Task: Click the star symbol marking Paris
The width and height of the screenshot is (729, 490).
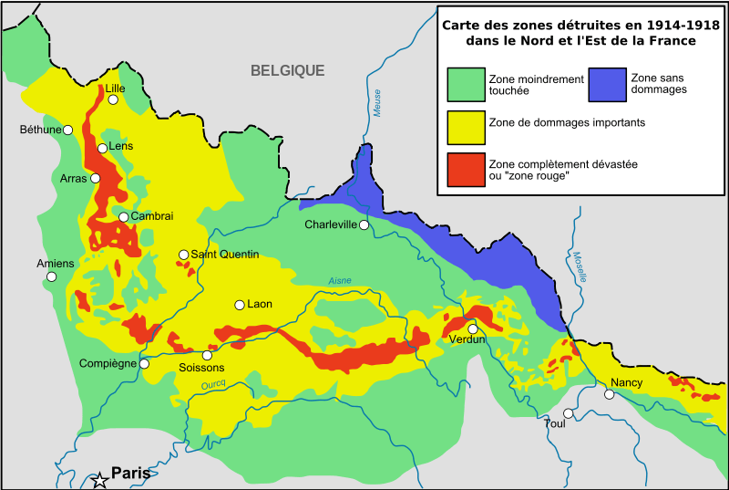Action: click(99, 480)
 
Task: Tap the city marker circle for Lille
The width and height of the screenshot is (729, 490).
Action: click(113, 100)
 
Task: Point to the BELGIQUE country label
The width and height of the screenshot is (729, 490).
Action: click(288, 70)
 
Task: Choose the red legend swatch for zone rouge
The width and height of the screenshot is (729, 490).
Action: click(466, 169)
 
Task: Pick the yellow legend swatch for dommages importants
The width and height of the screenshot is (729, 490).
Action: click(466, 127)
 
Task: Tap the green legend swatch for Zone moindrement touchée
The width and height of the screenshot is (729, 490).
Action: click(466, 84)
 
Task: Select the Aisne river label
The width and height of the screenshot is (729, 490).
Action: click(339, 281)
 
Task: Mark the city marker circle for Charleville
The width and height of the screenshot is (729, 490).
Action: click(364, 224)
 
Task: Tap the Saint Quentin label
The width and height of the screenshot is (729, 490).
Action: click(225, 255)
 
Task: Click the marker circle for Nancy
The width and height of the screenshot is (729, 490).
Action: click(610, 394)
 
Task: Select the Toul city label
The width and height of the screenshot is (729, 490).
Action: click(554, 424)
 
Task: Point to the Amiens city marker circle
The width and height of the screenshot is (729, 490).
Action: click(52, 276)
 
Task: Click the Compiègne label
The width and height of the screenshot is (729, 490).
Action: click(108, 363)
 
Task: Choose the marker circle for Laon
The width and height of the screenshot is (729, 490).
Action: click(240, 305)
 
